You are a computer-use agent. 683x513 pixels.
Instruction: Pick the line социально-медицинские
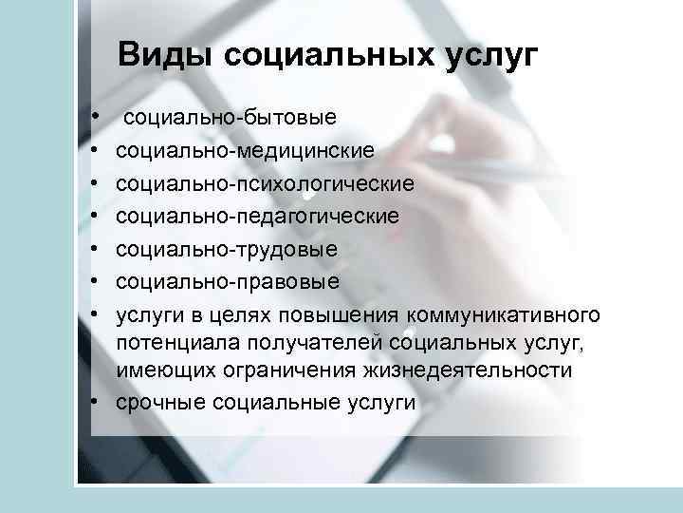[x=245, y=150]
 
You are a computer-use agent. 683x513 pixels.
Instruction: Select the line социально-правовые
[x=227, y=281]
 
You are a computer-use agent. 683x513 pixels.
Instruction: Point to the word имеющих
[x=161, y=370]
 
